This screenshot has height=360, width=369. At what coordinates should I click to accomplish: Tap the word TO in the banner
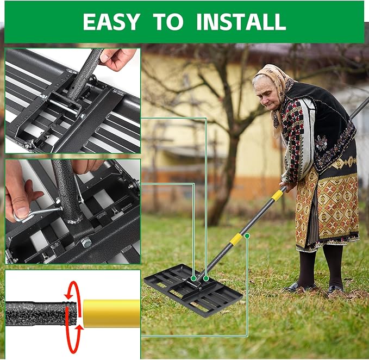[168, 21]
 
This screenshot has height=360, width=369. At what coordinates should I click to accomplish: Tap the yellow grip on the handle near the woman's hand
[278, 194]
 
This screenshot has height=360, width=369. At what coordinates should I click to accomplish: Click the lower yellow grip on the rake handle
[236, 239]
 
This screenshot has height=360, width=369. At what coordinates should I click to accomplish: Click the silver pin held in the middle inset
[38, 213]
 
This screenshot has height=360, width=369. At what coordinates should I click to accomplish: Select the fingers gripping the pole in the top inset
[117, 58]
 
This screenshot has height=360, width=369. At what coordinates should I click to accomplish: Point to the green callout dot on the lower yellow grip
[247, 235]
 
